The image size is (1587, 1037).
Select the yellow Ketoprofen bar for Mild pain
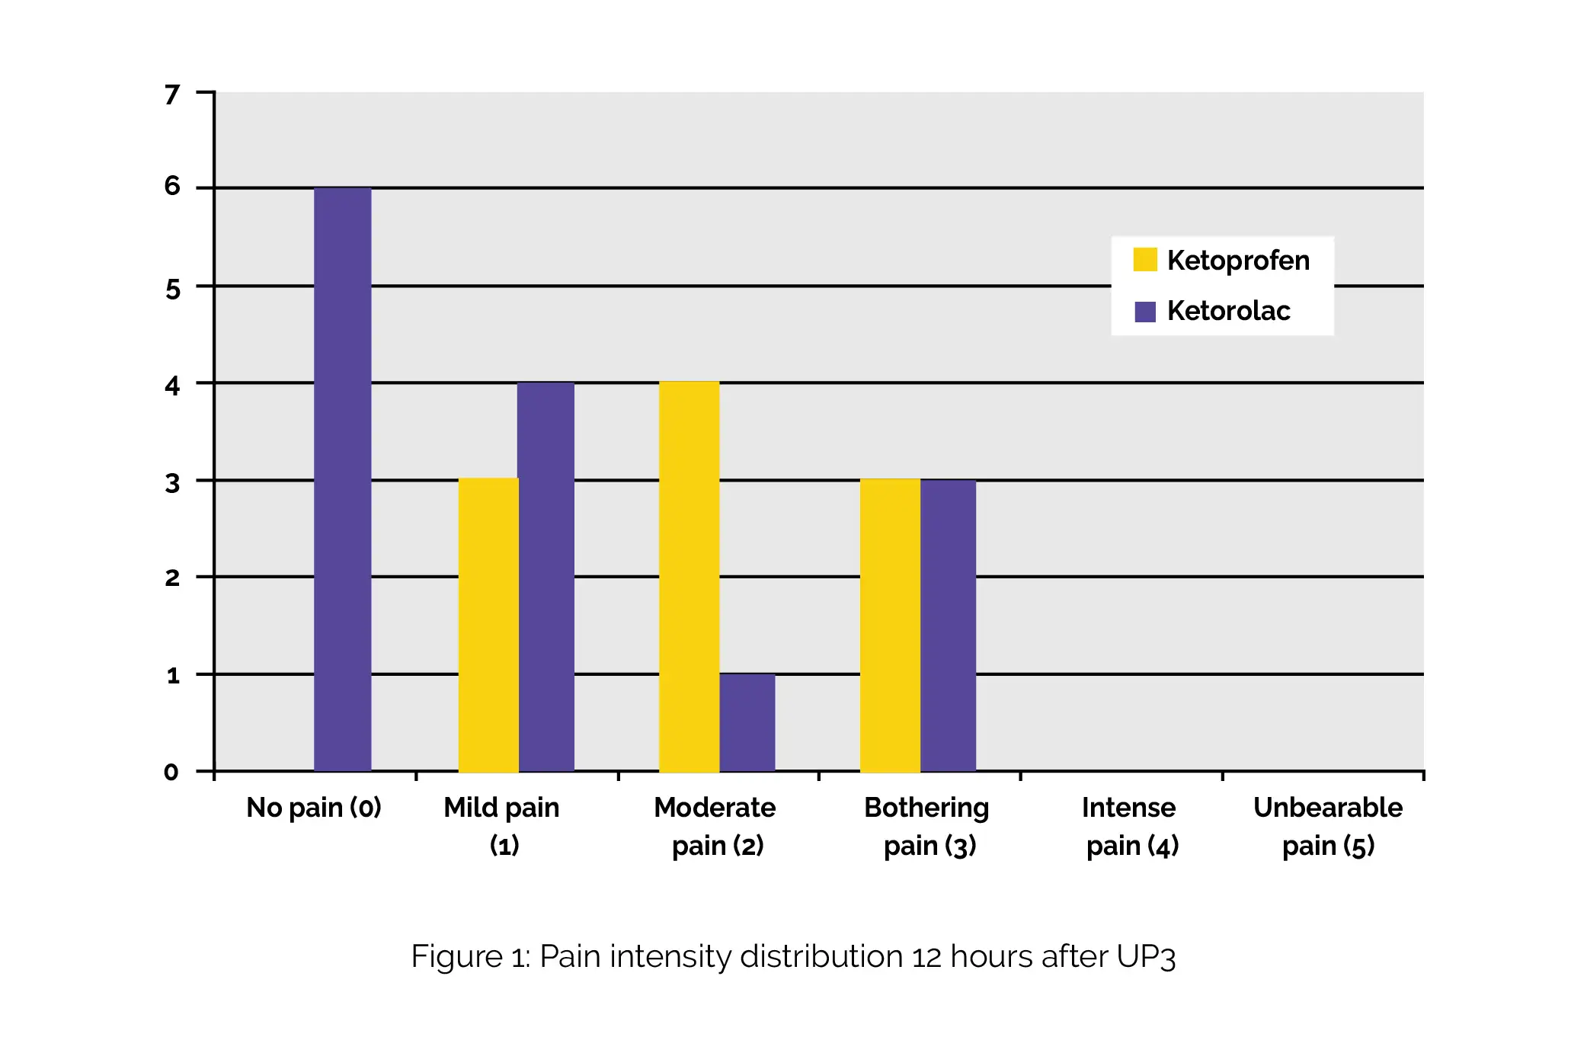click(488, 625)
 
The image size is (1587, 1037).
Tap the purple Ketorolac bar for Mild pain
click(546, 576)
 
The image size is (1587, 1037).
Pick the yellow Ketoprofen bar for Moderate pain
click(689, 576)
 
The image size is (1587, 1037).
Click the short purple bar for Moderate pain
click(747, 722)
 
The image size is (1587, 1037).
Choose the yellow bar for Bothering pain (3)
click(890, 625)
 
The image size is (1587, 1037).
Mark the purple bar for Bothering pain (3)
click(948, 625)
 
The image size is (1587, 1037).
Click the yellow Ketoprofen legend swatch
click(1144, 260)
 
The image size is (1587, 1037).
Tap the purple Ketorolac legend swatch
click(1144, 311)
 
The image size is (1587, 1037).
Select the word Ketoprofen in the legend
click(1238, 261)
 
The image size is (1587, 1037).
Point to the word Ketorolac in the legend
click(1228, 311)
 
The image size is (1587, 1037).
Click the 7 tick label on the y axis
click(173, 94)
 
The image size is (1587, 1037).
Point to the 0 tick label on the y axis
click(172, 772)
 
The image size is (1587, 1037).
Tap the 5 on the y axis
click(173, 290)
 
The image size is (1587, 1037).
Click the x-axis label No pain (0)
click(313, 808)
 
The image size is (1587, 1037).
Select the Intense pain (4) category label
click(1131, 826)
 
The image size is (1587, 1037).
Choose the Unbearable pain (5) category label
click(1327, 826)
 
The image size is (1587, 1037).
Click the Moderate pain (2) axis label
click(715, 826)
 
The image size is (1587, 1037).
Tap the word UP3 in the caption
click(1146, 957)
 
